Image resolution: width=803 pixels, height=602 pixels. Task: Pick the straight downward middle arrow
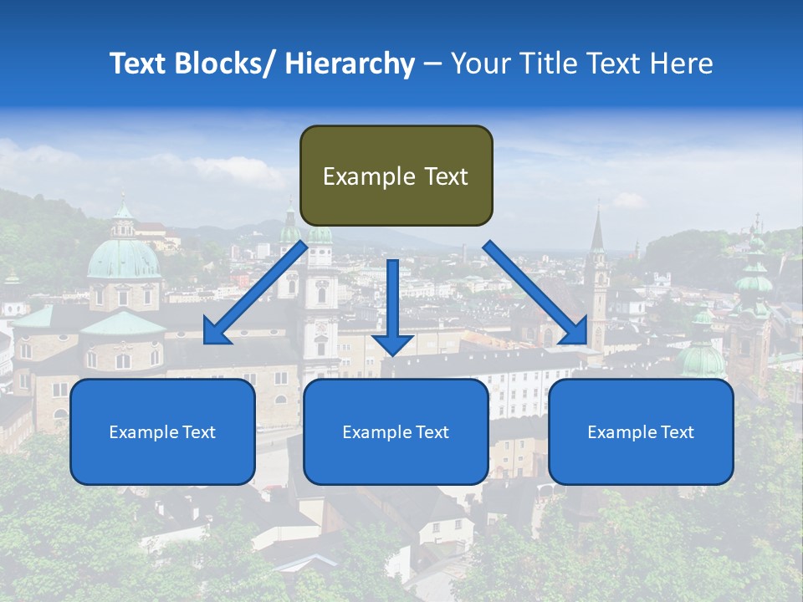tap(392, 306)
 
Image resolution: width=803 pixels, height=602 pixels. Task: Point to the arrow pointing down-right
tap(535, 293)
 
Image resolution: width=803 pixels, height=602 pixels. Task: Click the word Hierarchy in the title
tap(350, 64)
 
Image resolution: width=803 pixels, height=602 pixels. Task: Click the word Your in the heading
tap(478, 64)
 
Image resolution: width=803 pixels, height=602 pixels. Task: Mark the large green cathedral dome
tap(124, 257)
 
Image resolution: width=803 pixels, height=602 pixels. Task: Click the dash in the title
tap(432, 64)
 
